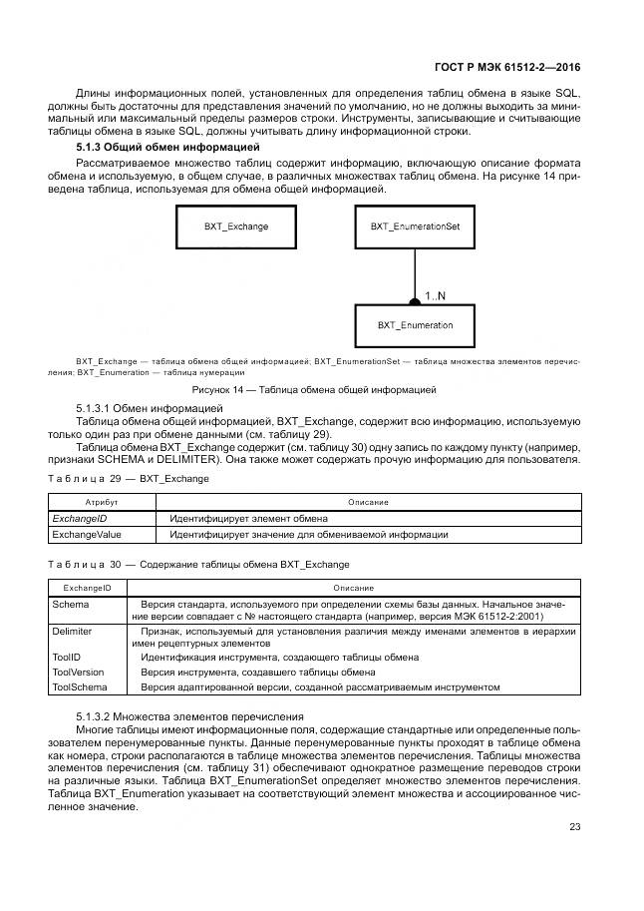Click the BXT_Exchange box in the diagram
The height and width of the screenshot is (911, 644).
coord(235,227)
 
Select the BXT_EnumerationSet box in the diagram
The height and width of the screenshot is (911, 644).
coord(415,227)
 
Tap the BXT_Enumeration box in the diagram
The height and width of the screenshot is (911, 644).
coord(415,325)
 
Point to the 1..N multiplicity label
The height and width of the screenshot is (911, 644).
coord(436,296)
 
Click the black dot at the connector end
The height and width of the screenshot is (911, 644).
coord(415,300)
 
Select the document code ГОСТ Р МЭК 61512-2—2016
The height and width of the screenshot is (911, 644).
coord(507,69)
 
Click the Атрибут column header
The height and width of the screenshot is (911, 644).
coord(102,502)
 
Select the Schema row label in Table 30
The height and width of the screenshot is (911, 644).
coord(71,605)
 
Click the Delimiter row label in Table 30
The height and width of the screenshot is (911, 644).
coord(73,632)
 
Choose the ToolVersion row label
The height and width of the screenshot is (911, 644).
coord(78,673)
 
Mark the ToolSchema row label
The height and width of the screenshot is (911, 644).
coord(80,686)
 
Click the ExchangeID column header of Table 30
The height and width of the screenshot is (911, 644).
coord(88,589)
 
